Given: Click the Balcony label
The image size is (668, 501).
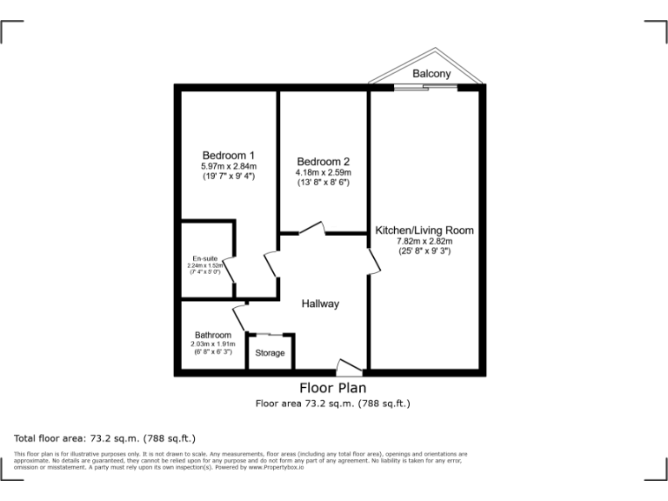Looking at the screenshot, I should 431,74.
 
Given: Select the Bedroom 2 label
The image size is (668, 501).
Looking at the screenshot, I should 323,162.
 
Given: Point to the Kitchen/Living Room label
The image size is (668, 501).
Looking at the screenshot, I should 424,230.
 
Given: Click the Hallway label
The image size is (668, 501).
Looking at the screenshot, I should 320,304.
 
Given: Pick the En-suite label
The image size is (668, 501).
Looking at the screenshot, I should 204,258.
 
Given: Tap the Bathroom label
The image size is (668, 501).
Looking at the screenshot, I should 213,335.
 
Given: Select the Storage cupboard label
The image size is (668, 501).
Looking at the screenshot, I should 270,353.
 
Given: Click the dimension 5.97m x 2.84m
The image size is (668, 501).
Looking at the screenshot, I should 229,166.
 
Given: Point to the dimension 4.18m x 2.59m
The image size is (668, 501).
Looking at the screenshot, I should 323,173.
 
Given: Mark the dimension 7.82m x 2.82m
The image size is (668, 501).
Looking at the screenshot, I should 424,241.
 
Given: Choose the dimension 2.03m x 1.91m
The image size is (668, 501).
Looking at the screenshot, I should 213,344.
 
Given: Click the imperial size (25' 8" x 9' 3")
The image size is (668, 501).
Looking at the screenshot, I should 424,250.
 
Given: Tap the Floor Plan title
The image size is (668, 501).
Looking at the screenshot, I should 332,388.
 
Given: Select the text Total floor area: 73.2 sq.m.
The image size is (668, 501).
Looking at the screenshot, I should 104,438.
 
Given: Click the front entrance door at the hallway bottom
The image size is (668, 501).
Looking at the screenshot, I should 349,368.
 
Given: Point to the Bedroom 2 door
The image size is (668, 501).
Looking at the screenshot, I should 311,229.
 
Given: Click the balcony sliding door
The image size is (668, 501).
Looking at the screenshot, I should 424,85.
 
